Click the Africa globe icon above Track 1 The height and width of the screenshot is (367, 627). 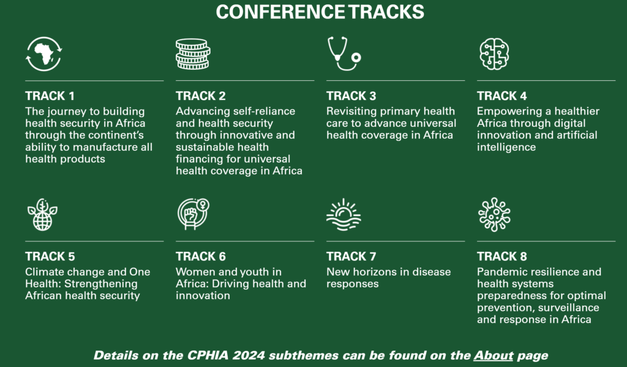point(43,54)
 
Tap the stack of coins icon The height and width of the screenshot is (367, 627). point(193,54)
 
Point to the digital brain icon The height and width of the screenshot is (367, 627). point(494,54)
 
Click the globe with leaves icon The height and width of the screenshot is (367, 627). point(42,214)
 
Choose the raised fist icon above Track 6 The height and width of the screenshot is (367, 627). point(193,214)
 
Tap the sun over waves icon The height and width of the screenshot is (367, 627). point(344,215)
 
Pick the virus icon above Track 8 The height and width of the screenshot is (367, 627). point(494,214)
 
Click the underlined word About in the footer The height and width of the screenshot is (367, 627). point(494,355)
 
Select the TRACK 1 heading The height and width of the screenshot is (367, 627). point(50,96)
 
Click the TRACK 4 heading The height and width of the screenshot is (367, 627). point(502,96)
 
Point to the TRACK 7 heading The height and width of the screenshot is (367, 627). point(351,257)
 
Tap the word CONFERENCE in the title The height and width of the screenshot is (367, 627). point(280,12)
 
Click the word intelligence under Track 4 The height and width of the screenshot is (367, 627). point(506,147)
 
